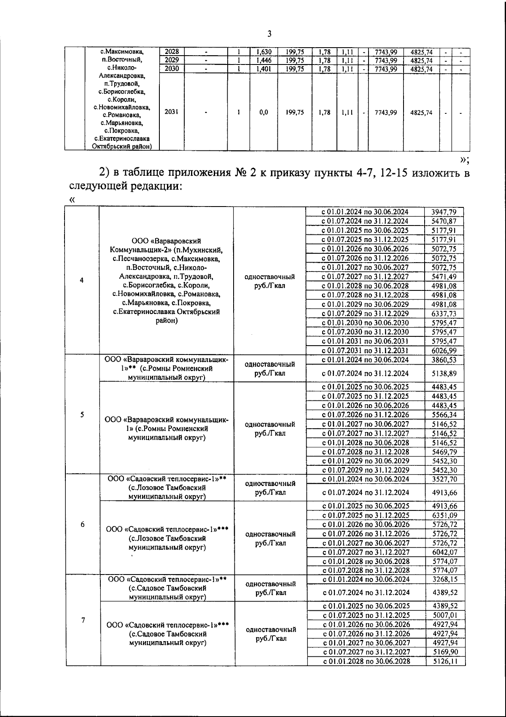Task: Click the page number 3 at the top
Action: tap(269, 34)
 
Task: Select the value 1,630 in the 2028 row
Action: tap(264, 52)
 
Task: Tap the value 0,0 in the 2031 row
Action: tap(264, 113)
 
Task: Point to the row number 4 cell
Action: tap(81, 280)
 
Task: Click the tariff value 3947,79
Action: tap(444, 212)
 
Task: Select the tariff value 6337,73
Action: tap(444, 314)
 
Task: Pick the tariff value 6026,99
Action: tap(444, 351)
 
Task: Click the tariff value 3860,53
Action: tap(444, 360)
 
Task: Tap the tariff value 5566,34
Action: tap(444, 415)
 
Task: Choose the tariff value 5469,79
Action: tap(444, 452)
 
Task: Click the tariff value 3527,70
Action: tap(445, 479)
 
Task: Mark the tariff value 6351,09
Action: tap(445, 515)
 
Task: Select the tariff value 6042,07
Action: tap(445, 552)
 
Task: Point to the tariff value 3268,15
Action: tap(445, 580)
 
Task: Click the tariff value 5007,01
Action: tap(445, 615)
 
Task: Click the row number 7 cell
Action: tap(83, 620)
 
